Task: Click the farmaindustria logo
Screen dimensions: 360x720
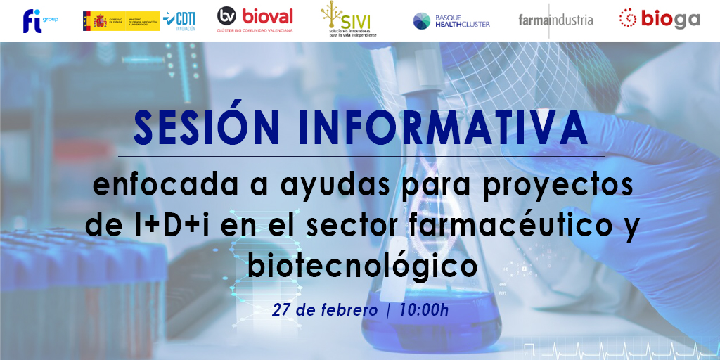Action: coord(555,20)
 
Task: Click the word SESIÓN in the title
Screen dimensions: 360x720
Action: coord(199,127)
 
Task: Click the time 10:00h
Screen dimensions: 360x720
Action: coord(423,310)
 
